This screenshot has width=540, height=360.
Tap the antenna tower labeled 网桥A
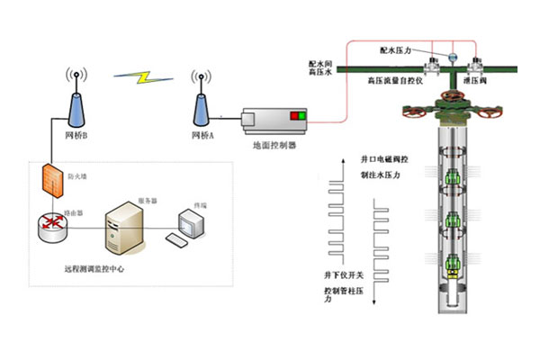[202, 104]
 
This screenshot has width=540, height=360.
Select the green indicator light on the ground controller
[301, 116]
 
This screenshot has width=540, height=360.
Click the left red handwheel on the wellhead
[415, 114]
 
